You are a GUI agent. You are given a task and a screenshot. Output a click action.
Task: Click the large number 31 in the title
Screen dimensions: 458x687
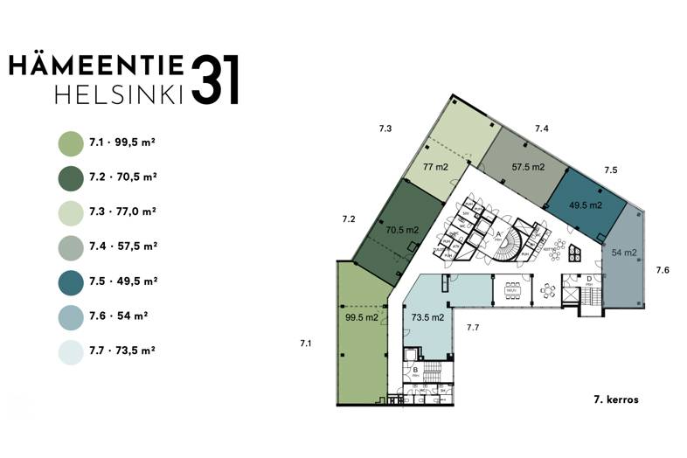coord(213,81)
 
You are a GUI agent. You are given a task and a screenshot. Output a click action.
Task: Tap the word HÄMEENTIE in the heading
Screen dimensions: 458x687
coord(96,66)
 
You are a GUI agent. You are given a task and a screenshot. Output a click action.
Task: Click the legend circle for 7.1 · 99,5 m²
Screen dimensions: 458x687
coord(70,142)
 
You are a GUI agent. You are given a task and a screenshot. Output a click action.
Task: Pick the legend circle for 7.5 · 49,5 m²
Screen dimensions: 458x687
coord(70,281)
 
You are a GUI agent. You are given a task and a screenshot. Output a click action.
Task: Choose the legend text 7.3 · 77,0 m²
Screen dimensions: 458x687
coord(122,212)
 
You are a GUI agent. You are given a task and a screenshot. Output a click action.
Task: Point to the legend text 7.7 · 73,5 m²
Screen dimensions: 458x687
coord(122,351)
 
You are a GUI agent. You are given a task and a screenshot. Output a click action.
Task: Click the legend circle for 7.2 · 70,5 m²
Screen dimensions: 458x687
coord(70,177)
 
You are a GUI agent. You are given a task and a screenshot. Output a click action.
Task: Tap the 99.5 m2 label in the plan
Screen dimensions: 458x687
coord(360,317)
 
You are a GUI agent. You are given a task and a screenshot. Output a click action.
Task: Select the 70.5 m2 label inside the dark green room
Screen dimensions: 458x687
coord(403,231)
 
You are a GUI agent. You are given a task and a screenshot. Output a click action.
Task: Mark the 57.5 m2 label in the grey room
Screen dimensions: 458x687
coord(528,166)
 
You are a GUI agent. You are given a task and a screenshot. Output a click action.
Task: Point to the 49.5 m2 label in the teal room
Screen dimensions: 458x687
coord(586,205)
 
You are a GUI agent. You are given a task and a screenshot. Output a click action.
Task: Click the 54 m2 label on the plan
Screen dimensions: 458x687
coord(623,253)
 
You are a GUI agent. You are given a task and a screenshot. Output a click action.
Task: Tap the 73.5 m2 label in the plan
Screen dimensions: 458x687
coord(429,317)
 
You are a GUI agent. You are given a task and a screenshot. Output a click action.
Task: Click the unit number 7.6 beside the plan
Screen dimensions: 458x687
coord(663,271)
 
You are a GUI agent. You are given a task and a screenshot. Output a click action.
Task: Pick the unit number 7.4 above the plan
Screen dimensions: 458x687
coord(542,128)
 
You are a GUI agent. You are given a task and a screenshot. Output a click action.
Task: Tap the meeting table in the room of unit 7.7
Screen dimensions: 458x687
coord(512,288)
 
